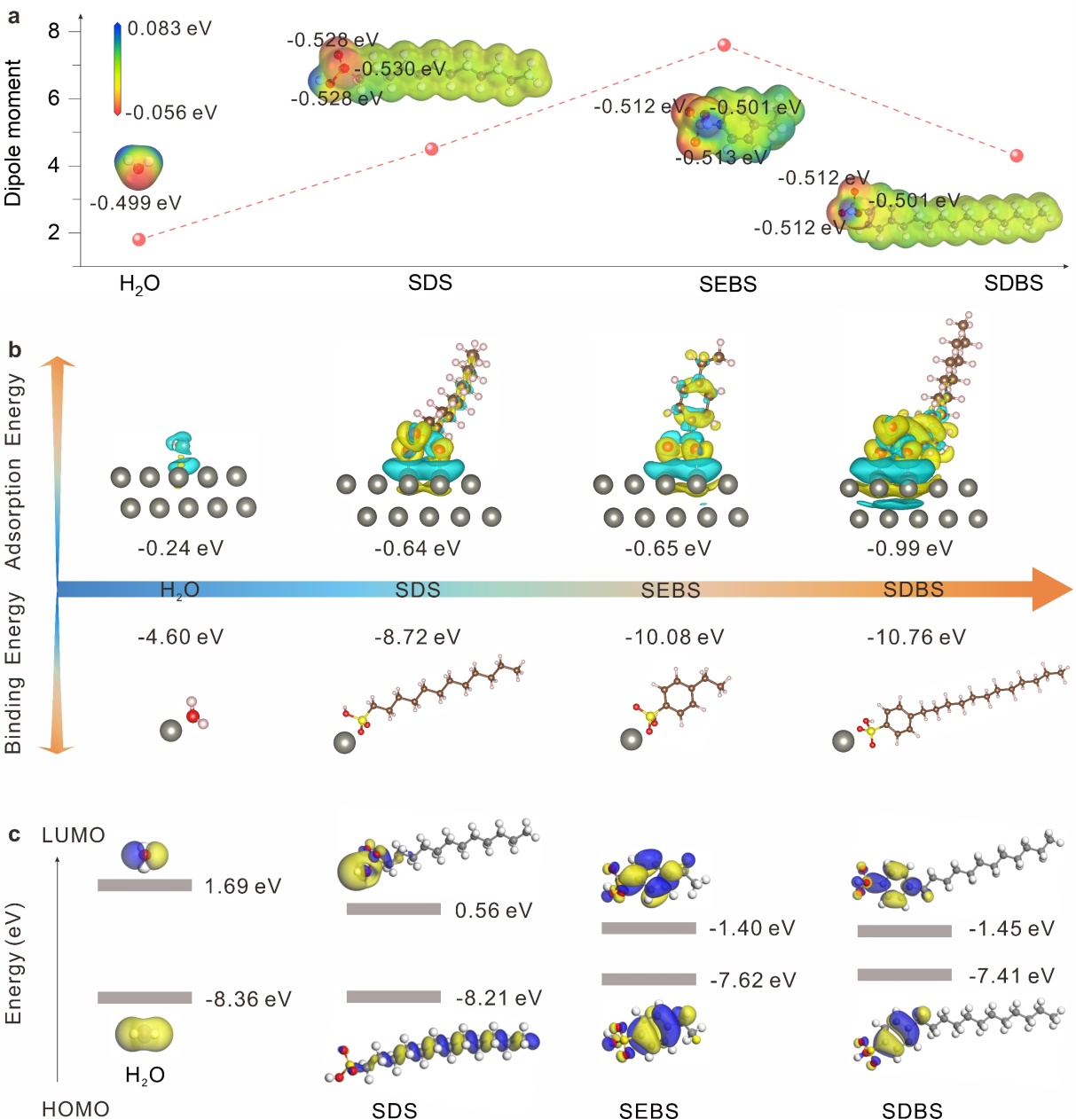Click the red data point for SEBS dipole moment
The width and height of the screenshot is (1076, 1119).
coord(724,45)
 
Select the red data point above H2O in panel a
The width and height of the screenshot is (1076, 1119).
coord(138,239)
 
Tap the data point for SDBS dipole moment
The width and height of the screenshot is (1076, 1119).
coord(1017,156)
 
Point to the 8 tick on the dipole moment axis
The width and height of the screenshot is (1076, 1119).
coord(54,31)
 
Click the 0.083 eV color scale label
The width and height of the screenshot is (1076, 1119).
coord(169,29)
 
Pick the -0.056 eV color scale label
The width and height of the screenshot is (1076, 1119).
coord(171,113)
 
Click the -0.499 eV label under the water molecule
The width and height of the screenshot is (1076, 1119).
coord(136,203)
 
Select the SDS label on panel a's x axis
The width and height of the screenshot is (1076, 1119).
coord(430,283)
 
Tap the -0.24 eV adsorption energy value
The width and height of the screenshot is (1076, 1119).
coord(180,549)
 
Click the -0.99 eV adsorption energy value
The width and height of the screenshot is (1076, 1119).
coord(910,549)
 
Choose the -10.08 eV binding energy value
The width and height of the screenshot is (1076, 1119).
coord(674,638)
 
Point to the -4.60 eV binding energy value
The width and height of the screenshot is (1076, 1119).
coord(180,638)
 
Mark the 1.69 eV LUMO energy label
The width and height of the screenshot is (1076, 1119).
coord(242,887)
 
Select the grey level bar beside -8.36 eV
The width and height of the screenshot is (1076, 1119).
coord(145,998)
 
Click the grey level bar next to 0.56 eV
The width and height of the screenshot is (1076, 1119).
coord(393,909)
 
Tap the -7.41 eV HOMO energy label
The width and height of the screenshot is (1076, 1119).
coord(1011,976)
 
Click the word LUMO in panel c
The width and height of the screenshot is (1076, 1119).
coord(74,835)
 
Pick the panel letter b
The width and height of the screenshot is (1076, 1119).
coord(14,350)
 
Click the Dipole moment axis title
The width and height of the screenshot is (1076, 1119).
coord(13,133)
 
